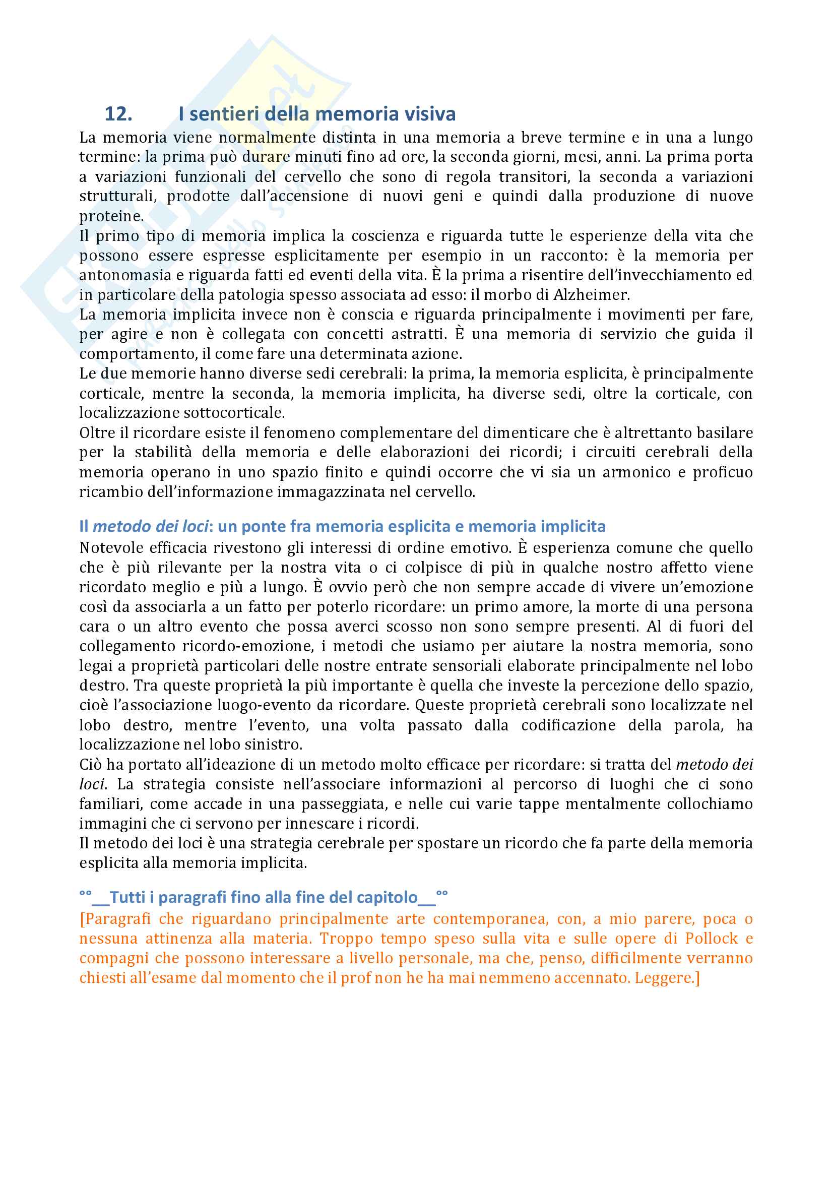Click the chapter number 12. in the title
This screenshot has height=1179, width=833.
[118, 114]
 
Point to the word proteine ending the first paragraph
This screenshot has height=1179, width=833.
[111, 216]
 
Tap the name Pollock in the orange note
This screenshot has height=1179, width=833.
[711, 938]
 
